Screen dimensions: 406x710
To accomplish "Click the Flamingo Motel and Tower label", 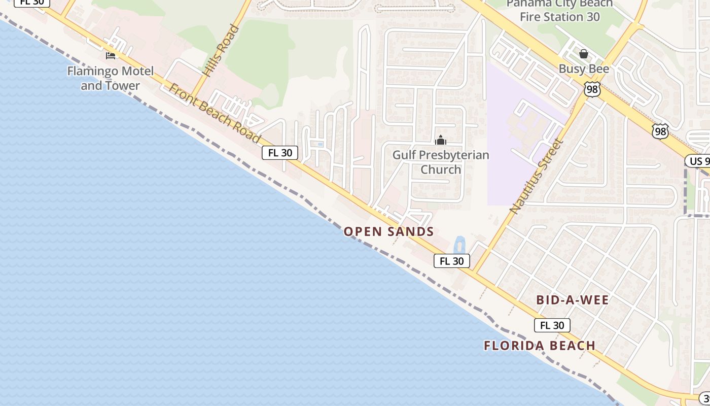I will click(x=110, y=78).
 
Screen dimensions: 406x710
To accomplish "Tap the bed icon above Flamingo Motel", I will click(x=110, y=55).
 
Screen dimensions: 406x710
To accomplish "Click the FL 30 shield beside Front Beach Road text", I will click(x=279, y=153).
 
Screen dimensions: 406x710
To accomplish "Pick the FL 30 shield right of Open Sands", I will click(x=451, y=261).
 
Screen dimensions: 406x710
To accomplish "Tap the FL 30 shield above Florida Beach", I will click(x=552, y=325).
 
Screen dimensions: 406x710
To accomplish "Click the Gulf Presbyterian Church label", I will click(x=441, y=162).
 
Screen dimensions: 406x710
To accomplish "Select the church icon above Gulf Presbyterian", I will click(x=441, y=140).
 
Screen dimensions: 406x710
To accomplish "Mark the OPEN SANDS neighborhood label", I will click(x=388, y=232).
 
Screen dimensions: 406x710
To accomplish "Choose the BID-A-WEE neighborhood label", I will click(x=573, y=300).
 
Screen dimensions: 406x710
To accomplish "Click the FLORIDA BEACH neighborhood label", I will click(x=540, y=346).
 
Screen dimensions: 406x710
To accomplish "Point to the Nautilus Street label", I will click(x=537, y=176).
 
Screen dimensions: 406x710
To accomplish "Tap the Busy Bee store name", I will click(x=584, y=69).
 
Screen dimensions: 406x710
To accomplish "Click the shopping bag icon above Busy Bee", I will click(x=584, y=54).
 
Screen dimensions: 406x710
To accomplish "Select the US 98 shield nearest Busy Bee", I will click(x=593, y=90).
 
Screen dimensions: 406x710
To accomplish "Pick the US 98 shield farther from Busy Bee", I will click(x=660, y=131).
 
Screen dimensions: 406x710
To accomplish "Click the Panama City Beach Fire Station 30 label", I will click(x=559, y=10).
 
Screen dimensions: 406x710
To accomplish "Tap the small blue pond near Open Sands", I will click(x=459, y=245).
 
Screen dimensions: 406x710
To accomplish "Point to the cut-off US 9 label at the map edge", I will click(x=698, y=161).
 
